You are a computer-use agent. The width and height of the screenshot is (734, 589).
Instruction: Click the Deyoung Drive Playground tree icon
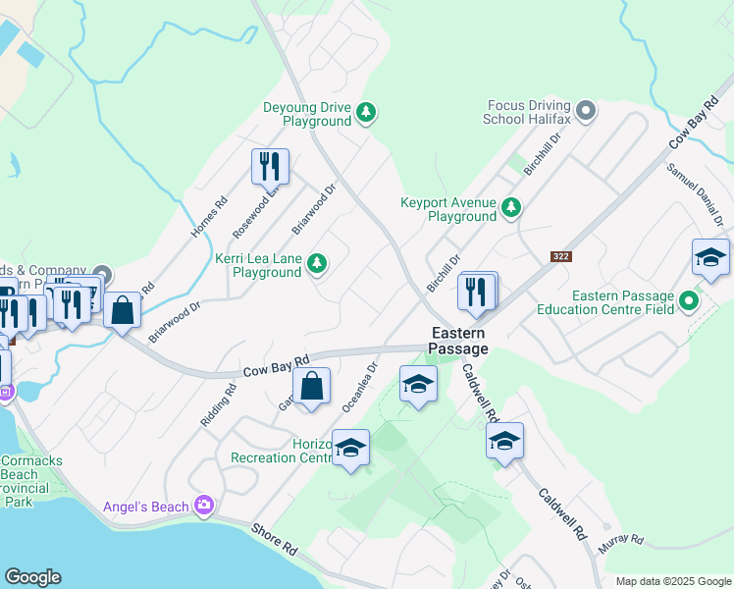pos(366,114)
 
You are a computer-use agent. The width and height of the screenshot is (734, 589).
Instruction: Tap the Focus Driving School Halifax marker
pos(586,111)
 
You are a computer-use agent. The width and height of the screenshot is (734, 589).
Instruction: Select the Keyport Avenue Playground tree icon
pos(510,208)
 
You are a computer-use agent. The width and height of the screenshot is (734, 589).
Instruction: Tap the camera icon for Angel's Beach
pos(204,506)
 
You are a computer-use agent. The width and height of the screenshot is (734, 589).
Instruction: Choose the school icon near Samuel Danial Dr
pos(710,258)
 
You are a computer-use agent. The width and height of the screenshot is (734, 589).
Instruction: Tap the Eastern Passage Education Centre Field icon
pos(689,301)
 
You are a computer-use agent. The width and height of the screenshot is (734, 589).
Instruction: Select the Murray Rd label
pos(624,540)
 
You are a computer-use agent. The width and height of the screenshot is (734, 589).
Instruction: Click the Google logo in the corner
pos(32,577)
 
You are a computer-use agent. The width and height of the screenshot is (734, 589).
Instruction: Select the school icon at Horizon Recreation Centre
pos(350,449)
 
